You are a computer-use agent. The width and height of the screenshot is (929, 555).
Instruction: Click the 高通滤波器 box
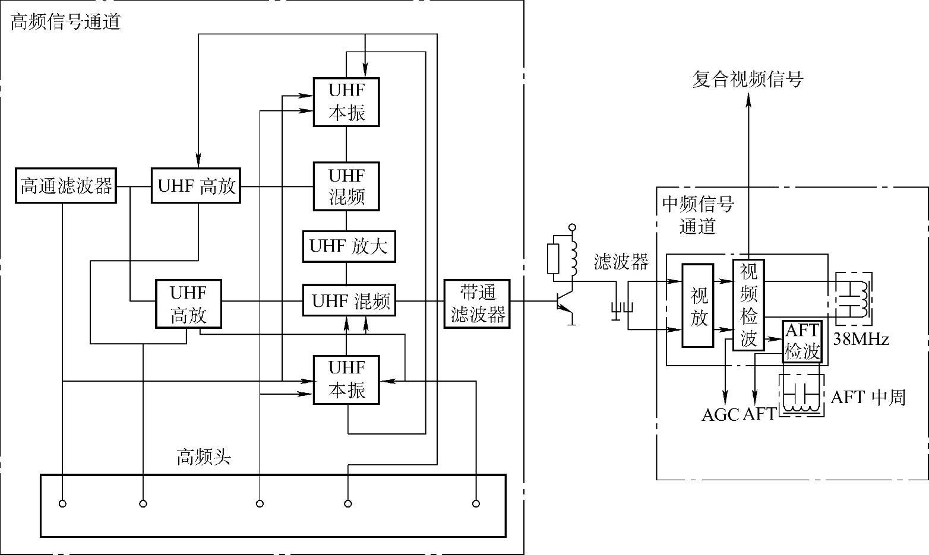coord(66,186)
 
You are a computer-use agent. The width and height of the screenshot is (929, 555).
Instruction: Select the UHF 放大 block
coord(349,246)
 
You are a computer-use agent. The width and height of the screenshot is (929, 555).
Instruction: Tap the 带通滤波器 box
coord(477,303)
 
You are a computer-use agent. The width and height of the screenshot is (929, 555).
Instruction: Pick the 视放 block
coord(697,306)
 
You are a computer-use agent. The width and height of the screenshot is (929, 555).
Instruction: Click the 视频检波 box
coord(748,305)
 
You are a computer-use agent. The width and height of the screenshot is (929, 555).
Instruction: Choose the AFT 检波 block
coord(802,341)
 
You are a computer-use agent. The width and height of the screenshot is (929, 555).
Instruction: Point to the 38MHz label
coord(861,340)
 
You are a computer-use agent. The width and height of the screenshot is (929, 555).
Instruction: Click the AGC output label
coord(720,414)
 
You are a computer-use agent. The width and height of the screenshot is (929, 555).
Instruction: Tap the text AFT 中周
coord(867,397)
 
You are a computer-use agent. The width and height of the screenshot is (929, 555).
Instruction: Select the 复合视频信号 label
coord(748,79)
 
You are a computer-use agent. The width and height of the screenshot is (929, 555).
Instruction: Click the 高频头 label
coord(203,457)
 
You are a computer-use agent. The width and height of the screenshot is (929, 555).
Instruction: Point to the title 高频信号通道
coord(65,23)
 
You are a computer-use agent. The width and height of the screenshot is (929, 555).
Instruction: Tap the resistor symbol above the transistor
coord(554,258)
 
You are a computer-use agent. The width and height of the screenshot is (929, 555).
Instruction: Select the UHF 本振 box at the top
coord(347,102)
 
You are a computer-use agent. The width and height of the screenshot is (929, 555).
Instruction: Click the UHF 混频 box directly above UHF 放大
coord(347,186)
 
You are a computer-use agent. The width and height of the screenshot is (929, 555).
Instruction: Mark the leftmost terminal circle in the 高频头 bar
coord(62,504)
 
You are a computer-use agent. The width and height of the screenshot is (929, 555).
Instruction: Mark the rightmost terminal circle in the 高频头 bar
coord(476,504)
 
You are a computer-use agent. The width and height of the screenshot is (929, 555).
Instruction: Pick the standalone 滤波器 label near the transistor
coord(621,262)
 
